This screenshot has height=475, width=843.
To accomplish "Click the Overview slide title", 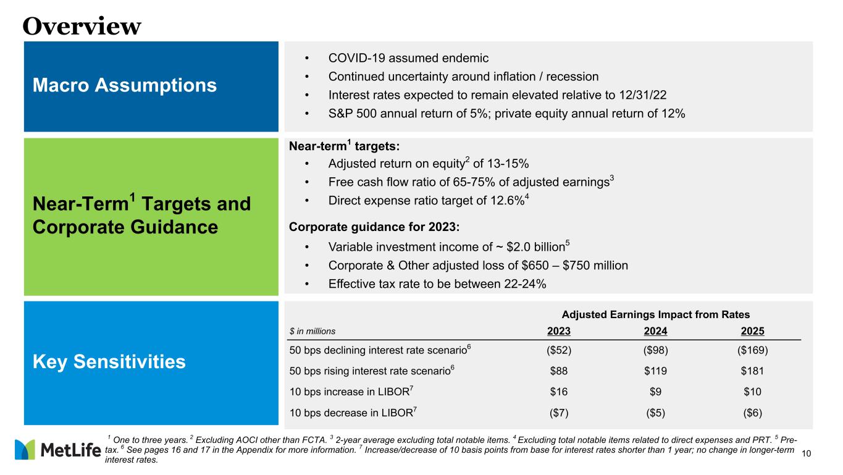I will point(82,25).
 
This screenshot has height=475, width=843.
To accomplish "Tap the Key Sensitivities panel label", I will point(109,361).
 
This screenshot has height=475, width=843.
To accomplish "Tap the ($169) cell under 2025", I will point(752,350).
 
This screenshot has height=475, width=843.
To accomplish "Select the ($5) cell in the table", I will point(656,412).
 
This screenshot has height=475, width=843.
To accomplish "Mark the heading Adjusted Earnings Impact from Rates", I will point(656,314).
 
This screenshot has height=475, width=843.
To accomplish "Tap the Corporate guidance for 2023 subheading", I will point(374,226).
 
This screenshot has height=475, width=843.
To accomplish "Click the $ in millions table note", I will point(312,331).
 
